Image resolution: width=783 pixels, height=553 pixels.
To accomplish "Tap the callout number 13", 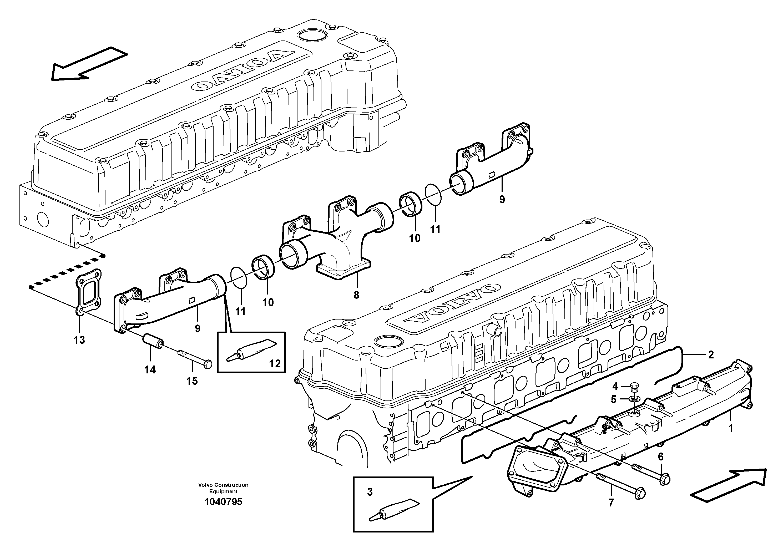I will [x=79, y=340].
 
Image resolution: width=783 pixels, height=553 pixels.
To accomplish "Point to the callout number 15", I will [x=192, y=381].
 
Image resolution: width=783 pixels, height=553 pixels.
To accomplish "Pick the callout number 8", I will [x=356, y=295].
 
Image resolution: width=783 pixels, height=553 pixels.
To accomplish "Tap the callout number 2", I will [x=711, y=355].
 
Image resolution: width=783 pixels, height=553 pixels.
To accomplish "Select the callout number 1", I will [x=730, y=428].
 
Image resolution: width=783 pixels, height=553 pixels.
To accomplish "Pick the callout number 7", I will [x=611, y=503].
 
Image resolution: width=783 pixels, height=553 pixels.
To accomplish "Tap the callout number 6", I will [x=661, y=457].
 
